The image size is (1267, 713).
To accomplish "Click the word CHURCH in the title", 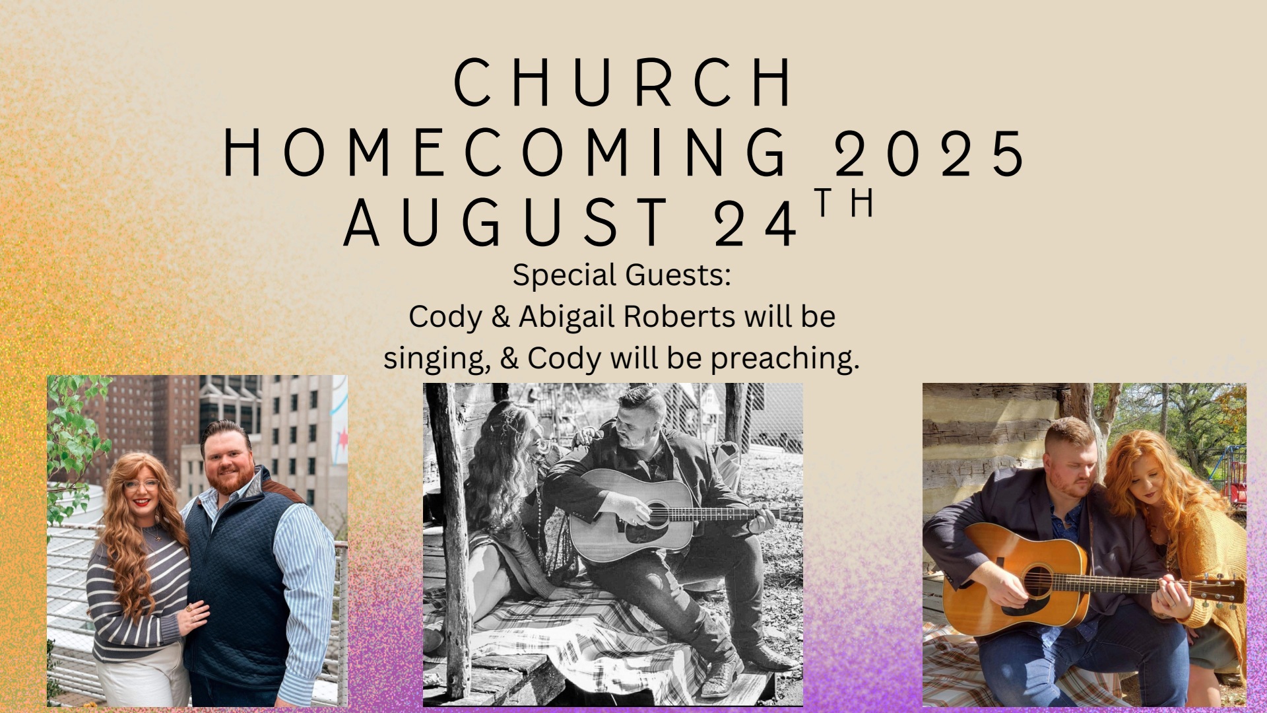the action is point(623,82).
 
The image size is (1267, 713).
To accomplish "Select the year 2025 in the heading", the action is point(929,153).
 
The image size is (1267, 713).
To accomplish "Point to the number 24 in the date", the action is point(756,223).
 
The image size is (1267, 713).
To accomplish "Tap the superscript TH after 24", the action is point(845,203).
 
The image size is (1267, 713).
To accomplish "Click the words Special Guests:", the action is point(622,275).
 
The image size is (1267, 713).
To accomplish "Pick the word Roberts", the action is point(680,316).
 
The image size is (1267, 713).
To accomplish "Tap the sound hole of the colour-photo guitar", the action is point(1037,581).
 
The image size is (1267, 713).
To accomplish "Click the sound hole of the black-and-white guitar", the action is point(657,514).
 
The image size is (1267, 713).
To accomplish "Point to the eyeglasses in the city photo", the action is point(141,484).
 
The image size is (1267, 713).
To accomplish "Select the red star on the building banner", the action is point(342,437).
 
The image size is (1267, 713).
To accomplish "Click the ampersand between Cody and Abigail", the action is point(501,317).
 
